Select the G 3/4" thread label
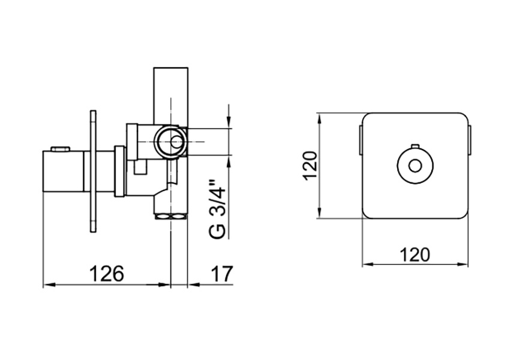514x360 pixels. pos(217,209)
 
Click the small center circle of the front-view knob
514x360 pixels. pos(415,166)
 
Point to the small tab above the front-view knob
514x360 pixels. pos(415,146)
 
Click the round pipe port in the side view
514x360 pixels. pos(170,142)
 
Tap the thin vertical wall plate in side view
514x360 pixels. pos(94,172)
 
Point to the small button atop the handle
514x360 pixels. pos(61,149)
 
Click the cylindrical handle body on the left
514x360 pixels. pos(63,171)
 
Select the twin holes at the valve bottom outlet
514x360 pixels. pos(170,216)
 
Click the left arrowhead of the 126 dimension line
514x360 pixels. pos(48,285)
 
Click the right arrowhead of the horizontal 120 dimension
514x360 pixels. pos(462,264)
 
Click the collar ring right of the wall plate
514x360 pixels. pos(119,172)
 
